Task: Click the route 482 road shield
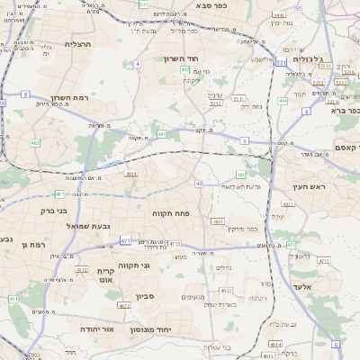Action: (x=35, y=142)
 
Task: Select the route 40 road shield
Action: (x=198, y=184)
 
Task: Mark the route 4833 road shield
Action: (x=217, y=220)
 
